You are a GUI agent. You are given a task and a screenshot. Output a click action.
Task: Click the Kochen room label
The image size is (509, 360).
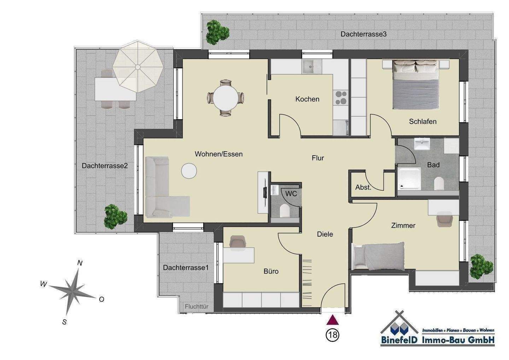307,99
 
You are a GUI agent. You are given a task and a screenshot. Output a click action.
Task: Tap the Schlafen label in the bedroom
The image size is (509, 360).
423,122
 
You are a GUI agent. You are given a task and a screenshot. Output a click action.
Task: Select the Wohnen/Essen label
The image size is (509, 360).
218,154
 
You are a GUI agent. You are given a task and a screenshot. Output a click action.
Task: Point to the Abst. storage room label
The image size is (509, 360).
363,187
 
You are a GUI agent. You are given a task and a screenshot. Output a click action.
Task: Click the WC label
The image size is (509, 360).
291,194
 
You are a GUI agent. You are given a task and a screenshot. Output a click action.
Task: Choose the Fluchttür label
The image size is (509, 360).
197,307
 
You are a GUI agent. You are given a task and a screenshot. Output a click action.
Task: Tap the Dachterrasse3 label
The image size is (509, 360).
364,34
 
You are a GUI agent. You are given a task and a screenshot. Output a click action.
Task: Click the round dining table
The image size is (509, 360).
226,98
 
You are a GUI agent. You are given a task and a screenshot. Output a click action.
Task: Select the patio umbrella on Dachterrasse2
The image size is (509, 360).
138,66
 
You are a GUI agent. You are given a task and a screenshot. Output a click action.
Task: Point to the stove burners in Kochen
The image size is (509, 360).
341,98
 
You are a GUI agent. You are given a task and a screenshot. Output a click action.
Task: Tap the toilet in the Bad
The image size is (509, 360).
439,184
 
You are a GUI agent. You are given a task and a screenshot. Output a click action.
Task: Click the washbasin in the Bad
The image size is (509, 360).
422,144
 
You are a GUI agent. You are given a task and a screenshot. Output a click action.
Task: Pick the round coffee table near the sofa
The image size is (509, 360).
189,171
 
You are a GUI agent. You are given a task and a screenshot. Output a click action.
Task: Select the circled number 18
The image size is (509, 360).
333,335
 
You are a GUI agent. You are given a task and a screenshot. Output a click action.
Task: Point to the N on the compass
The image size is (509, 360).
80,263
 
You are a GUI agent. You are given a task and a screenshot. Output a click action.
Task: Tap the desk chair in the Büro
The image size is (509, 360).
237,242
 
